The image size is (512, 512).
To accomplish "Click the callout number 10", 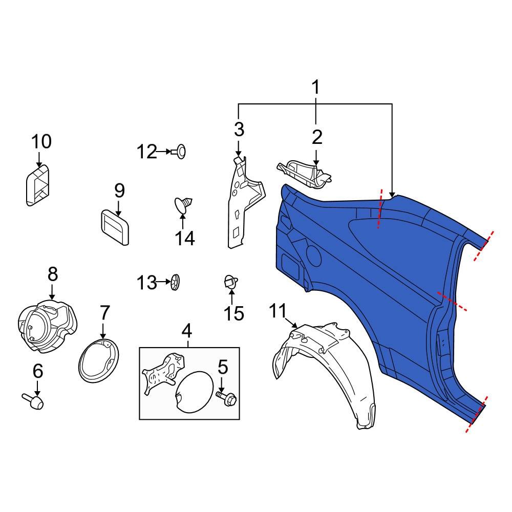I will click(41, 141).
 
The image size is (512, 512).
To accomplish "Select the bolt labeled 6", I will click(34, 401).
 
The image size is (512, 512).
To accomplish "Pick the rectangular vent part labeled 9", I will click(114, 226).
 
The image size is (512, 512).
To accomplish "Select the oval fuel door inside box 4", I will click(195, 391).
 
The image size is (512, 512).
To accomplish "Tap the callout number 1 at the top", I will click(315, 88).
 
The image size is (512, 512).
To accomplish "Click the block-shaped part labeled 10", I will click(38, 186).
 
